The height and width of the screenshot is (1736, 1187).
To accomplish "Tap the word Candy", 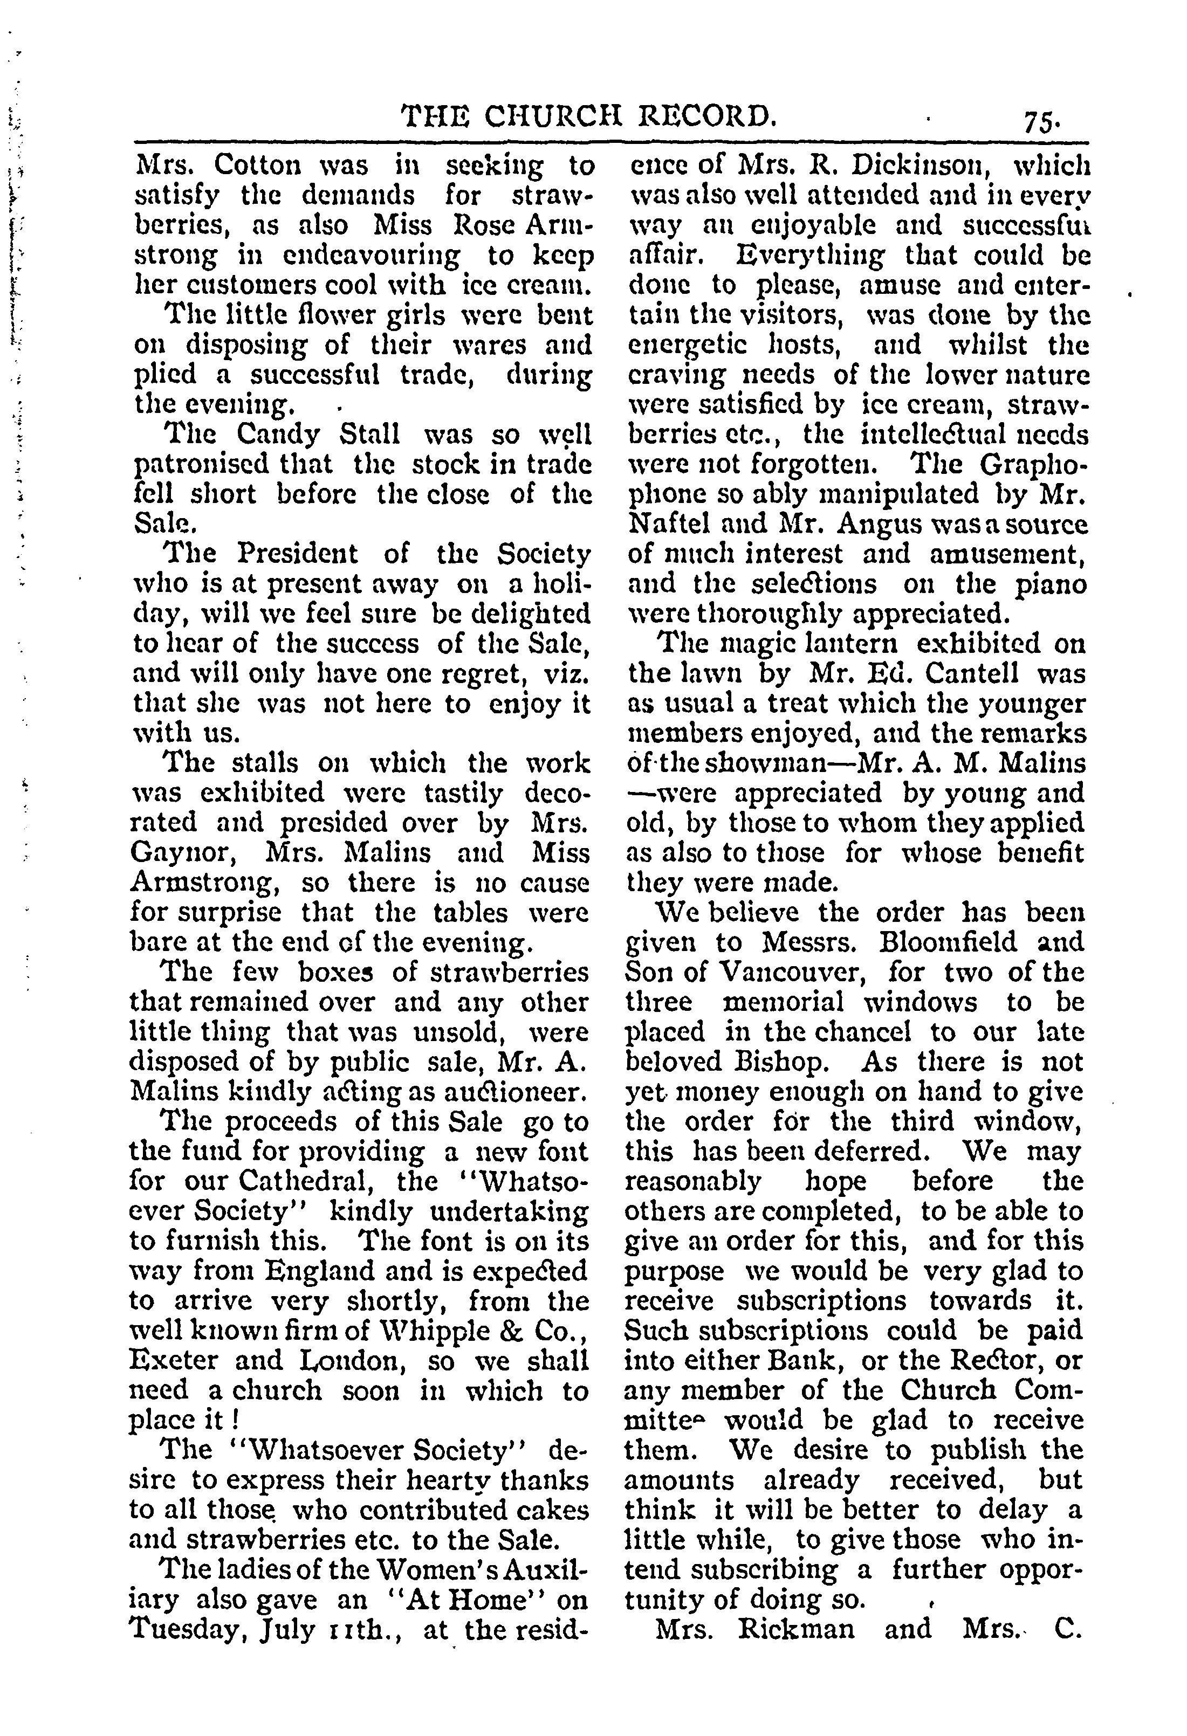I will pos(280,434).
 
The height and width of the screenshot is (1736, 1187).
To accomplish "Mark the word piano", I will pos(1051,583).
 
